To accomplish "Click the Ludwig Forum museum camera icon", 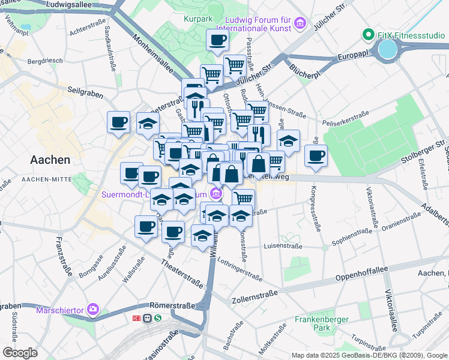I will pos(301,25).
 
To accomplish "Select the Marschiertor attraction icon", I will pos(93,310).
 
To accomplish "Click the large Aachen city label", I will pos(50,160).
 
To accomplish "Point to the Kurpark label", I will pos(199,19).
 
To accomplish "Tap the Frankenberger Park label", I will pos(322,324).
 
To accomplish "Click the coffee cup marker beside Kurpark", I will pos(217,41).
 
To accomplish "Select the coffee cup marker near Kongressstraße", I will pos(316,156).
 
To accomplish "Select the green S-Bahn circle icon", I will pos(157,318).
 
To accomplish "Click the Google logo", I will pos(20,353).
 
